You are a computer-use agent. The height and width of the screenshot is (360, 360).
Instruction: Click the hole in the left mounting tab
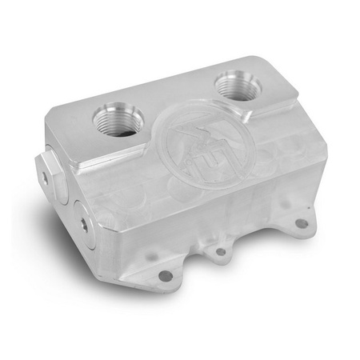[x=165, y=275]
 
